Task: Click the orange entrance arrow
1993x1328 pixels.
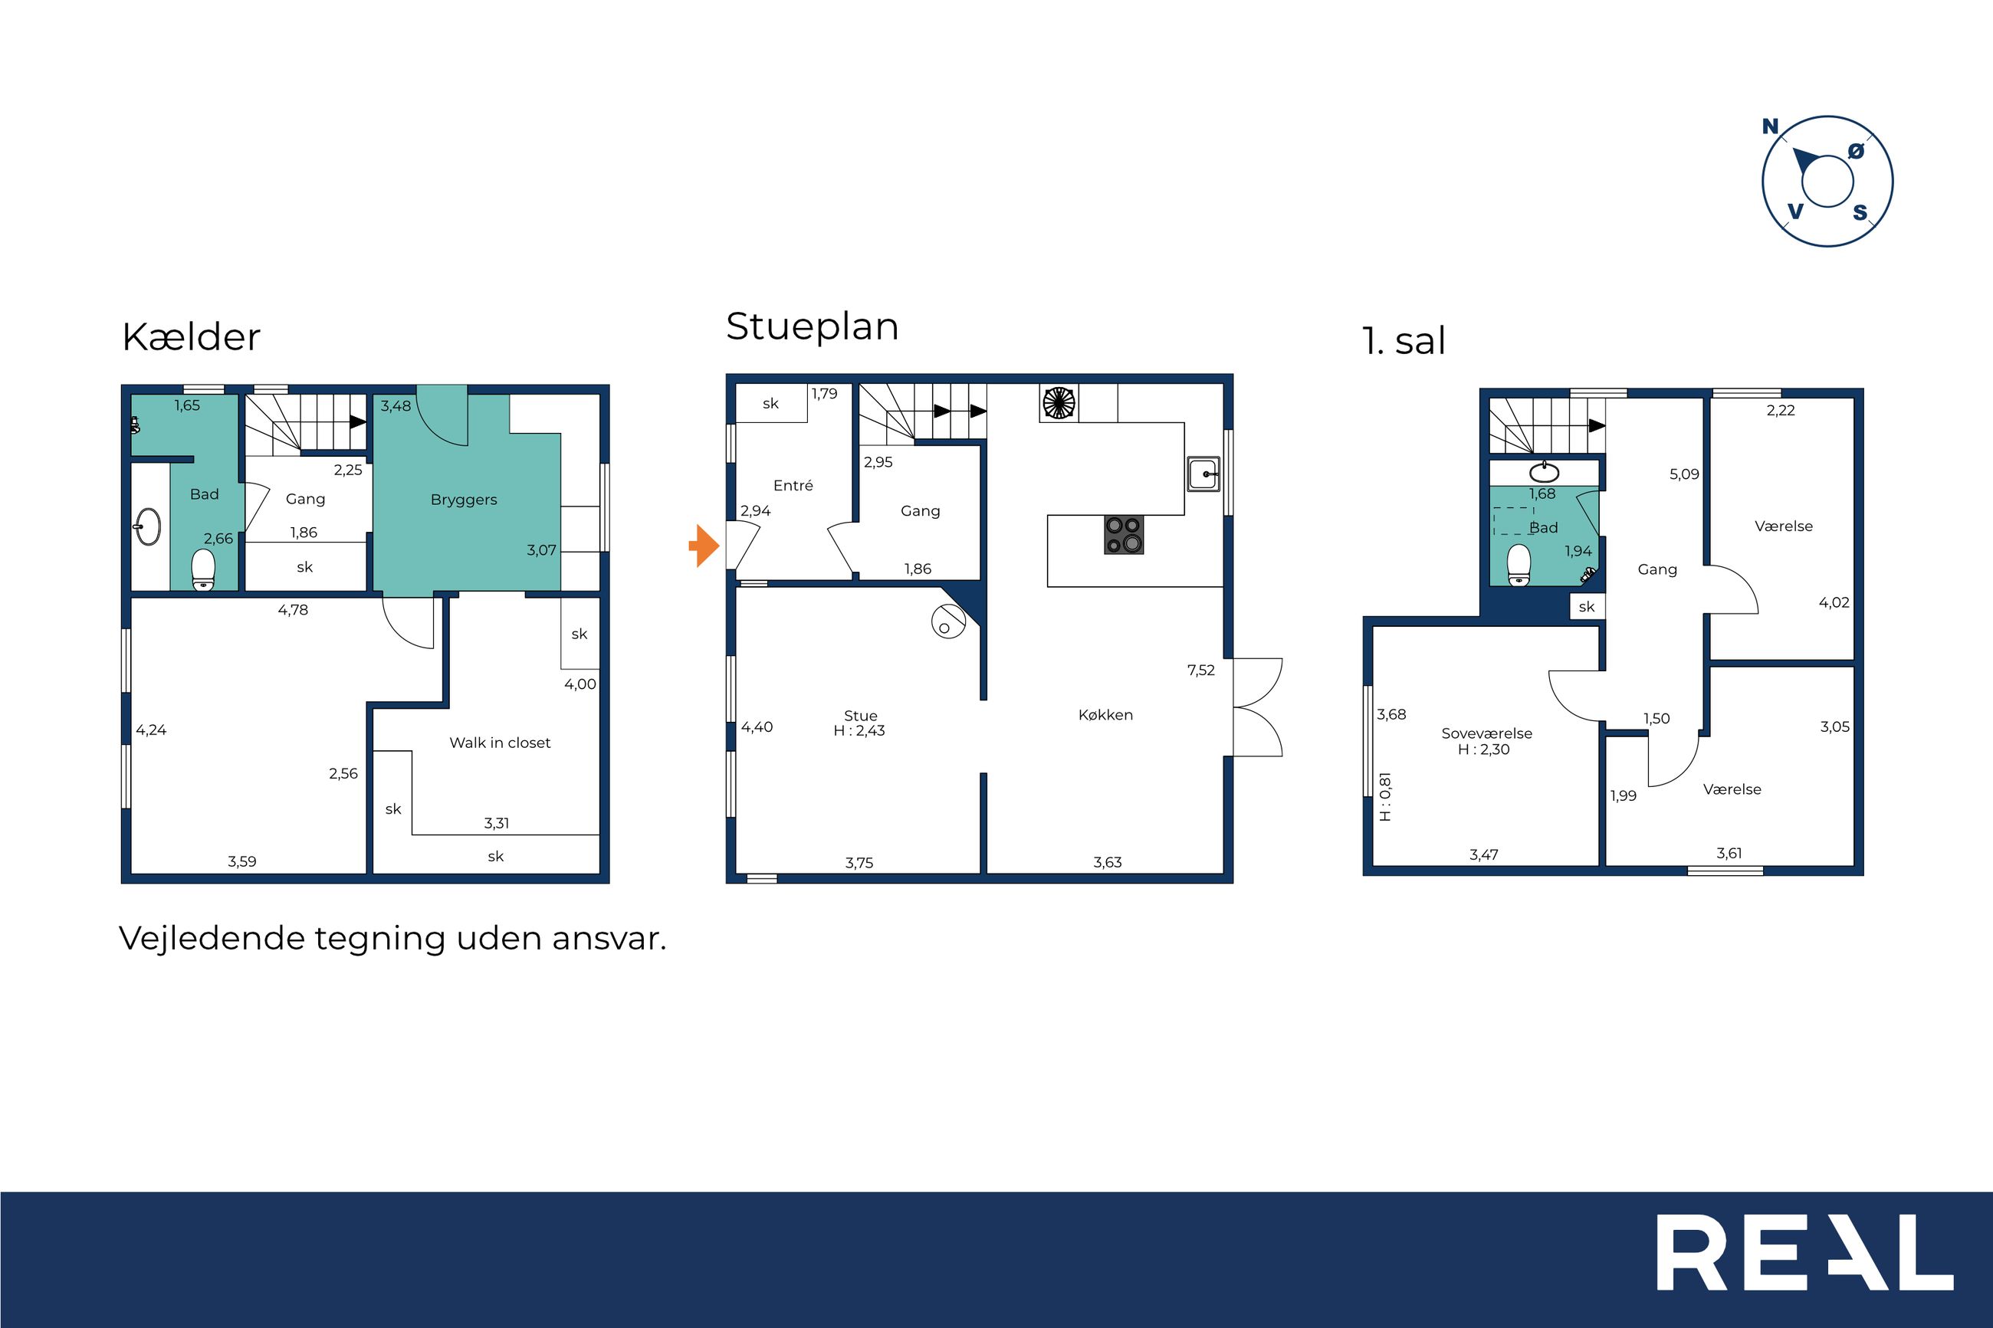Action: pos(704,546)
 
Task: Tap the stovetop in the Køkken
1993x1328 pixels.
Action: pos(1124,534)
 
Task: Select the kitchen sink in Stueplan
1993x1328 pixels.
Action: pos(1203,474)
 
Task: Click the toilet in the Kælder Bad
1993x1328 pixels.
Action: pos(203,569)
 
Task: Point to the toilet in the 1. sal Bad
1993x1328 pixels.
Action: pos(1519,565)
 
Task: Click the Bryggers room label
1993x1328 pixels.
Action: pos(463,500)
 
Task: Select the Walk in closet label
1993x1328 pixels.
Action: pos(500,743)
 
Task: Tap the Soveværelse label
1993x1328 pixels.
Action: pos(1486,733)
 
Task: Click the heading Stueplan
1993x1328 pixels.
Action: pos(812,327)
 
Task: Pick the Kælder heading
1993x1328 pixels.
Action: pos(191,337)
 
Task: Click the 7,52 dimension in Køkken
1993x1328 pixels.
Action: pos(1201,671)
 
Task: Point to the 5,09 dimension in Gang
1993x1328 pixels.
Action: pos(1685,474)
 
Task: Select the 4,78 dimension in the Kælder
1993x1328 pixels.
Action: pos(293,610)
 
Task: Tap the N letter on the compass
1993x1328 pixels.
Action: pos(1770,127)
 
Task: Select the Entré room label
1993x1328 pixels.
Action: pos(793,485)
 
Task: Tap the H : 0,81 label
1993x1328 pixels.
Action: pos(1386,797)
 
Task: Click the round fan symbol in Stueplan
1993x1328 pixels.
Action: pos(1059,403)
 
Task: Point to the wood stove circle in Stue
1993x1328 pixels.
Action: pos(947,622)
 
